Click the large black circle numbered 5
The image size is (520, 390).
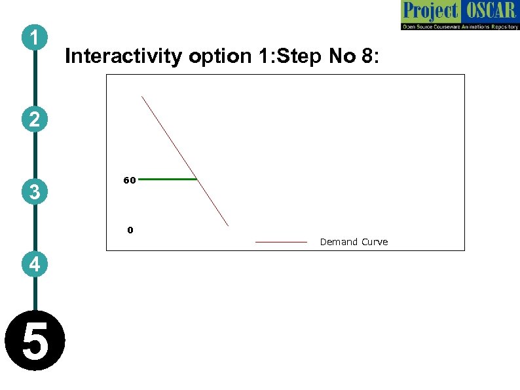pyautogui.click(x=35, y=341)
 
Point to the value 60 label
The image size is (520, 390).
pyautogui.click(x=129, y=180)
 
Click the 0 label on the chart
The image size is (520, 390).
pyautogui.click(x=130, y=230)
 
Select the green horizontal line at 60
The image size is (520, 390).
pyautogui.click(x=167, y=178)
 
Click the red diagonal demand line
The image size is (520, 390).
pyautogui.click(x=185, y=161)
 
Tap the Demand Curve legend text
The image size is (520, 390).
pyautogui.click(x=354, y=242)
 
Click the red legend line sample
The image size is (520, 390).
pyautogui.click(x=281, y=242)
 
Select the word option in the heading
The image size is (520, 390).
pyautogui.click(x=219, y=56)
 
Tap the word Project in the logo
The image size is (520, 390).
pyautogui.click(x=430, y=11)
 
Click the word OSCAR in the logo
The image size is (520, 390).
pyautogui.click(x=489, y=11)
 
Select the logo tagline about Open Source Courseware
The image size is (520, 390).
pyautogui.click(x=460, y=26)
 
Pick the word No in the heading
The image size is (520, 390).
pyautogui.click(x=342, y=56)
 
